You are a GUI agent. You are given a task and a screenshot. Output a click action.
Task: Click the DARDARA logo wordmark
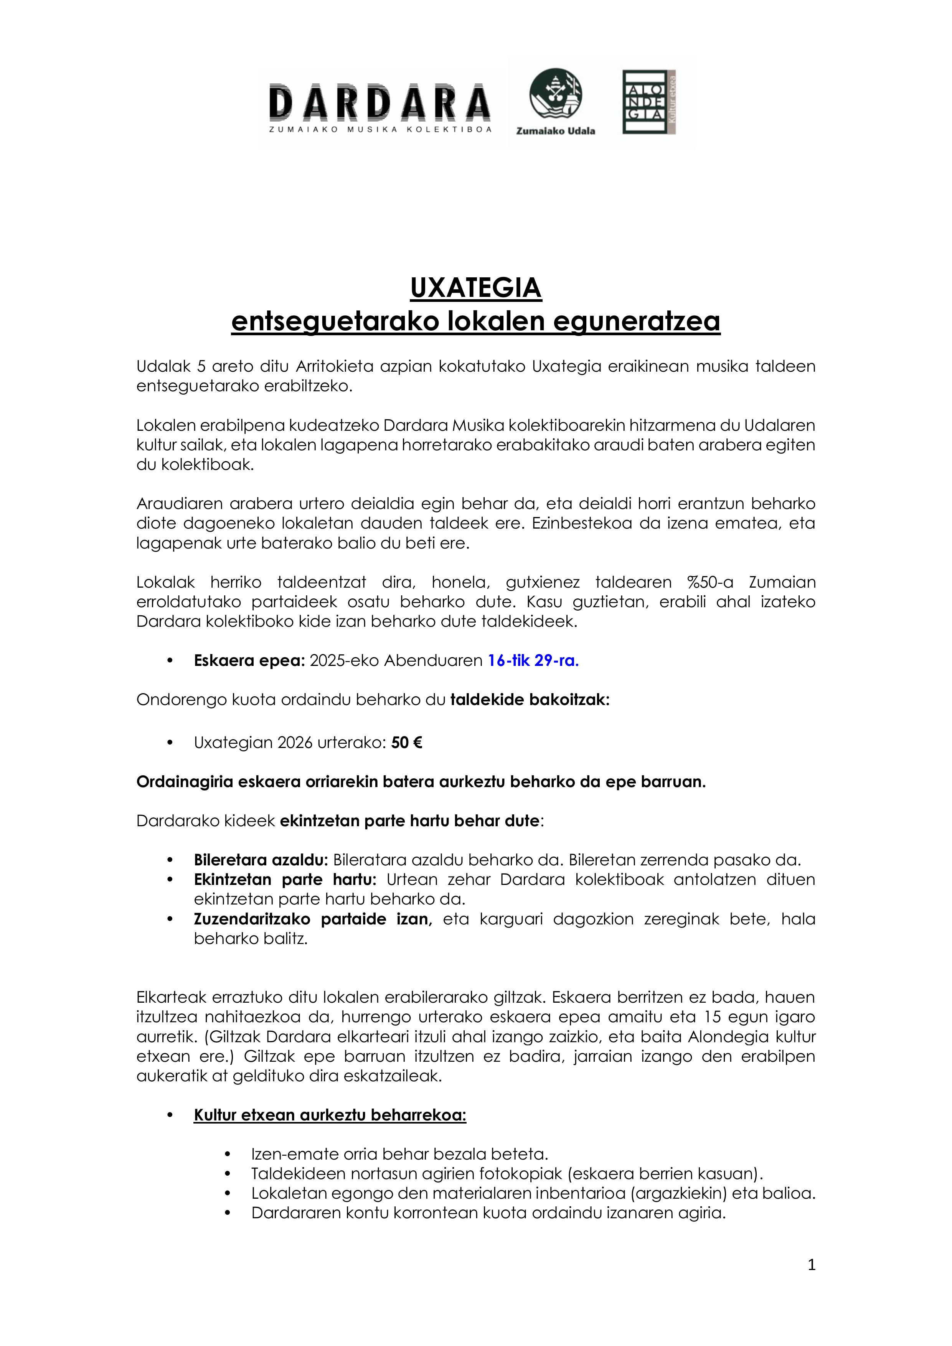(x=379, y=102)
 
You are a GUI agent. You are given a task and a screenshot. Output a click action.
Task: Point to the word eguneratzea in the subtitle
(x=637, y=321)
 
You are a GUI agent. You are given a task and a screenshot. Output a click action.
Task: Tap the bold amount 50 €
(x=406, y=743)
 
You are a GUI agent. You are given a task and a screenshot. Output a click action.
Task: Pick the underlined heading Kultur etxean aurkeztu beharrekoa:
(x=330, y=1114)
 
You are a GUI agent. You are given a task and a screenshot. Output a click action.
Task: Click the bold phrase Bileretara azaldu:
(x=261, y=860)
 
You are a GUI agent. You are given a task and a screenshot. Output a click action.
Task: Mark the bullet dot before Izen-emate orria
(x=228, y=1154)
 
